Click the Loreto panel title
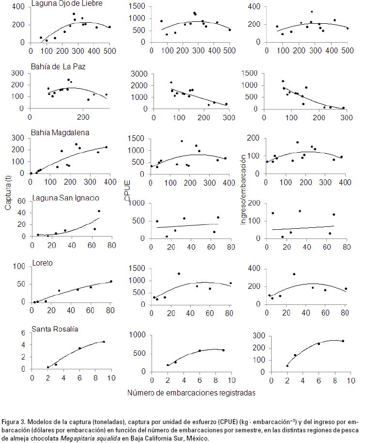pos(42,263)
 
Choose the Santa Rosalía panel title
pos(55,329)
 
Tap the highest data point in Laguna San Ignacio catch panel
pos(99,211)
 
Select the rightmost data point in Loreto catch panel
pos(111,281)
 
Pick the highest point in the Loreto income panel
pos(294,274)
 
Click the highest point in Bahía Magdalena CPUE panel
pos(182,141)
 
